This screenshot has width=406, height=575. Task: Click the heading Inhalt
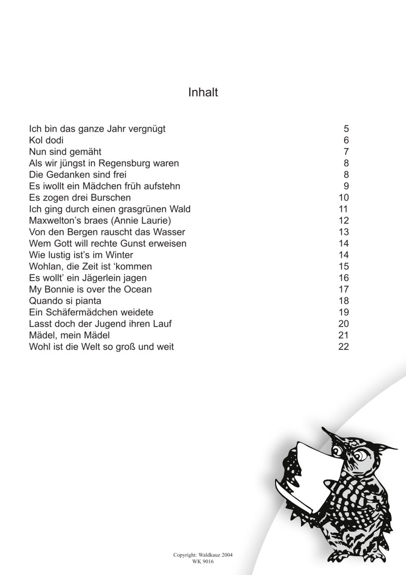(x=203, y=92)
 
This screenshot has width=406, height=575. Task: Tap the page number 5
(x=346, y=129)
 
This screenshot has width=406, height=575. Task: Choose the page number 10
(x=344, y=198)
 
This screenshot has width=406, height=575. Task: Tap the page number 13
(x=344, y=232)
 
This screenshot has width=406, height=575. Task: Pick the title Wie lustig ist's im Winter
(x=81, y=255)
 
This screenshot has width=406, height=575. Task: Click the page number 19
(x=344, y=312)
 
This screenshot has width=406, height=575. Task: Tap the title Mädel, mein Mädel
(x=70, y=336)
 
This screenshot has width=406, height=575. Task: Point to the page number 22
(x=344, y=347)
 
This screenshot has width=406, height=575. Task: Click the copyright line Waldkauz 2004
(x=203, y=556)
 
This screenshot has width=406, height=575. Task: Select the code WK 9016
(x=203, y=562)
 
